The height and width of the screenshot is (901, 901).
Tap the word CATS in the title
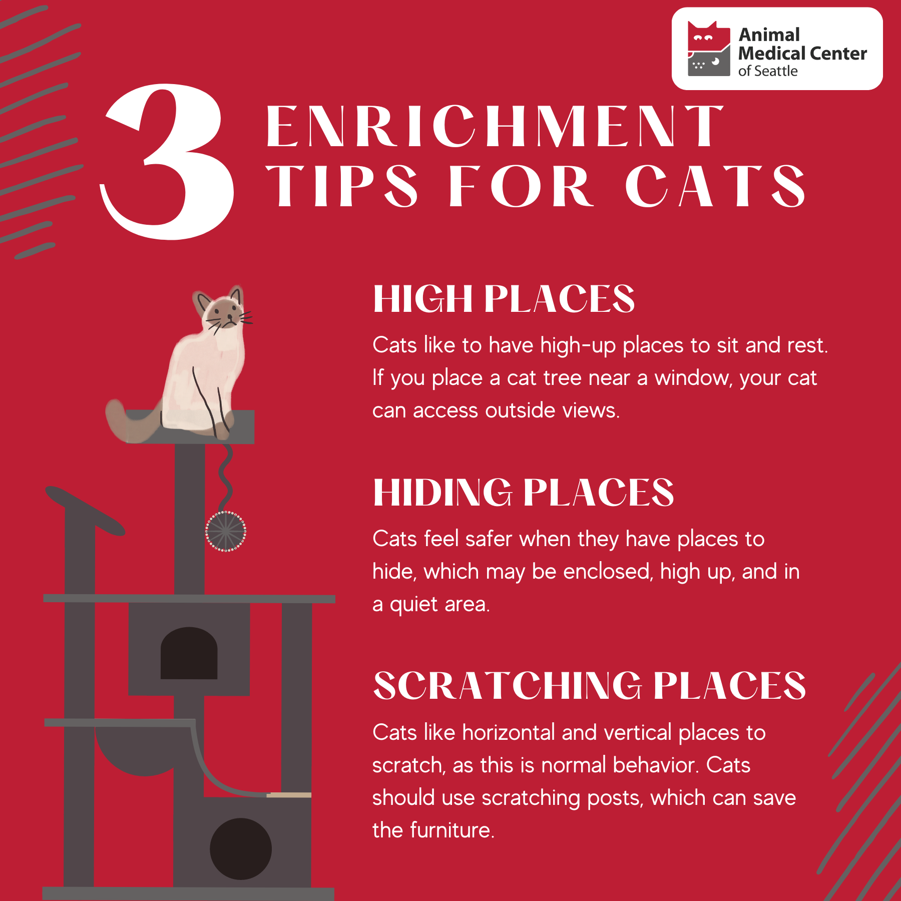(x=716, y=186)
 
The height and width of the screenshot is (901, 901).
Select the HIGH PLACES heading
(x=504, y=299)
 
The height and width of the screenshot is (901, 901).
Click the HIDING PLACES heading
(x=524, y=493)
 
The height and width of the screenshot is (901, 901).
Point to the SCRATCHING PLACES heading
(x=590, y=686)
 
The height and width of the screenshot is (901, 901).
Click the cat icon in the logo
(x=709, y=49)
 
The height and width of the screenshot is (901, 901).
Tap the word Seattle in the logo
(x=775, y=71)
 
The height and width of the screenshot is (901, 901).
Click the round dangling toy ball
(x=226, y=531)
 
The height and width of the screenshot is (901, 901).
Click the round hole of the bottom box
(x=241, y=849)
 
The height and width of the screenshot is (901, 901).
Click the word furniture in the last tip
(x=452, y=830)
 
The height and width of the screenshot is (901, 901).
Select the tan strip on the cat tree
(x=289, y=795)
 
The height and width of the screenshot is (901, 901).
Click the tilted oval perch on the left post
(x=85, y=511)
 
